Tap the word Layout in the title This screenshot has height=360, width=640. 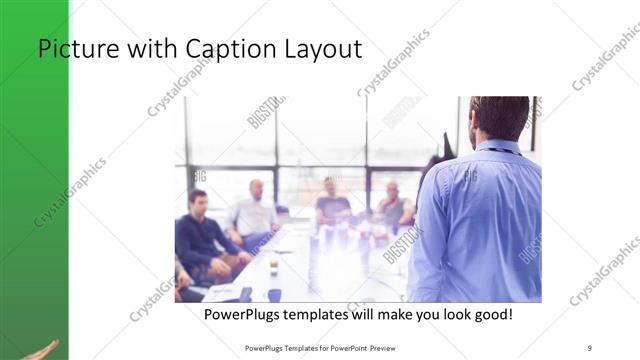tap(319, 49)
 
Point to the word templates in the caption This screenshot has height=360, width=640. tap(327, 314)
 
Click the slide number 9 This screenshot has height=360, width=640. tap(590, 348)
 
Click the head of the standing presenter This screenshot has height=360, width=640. tap(499, 117)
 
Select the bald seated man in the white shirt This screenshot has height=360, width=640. tap(255, 210)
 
